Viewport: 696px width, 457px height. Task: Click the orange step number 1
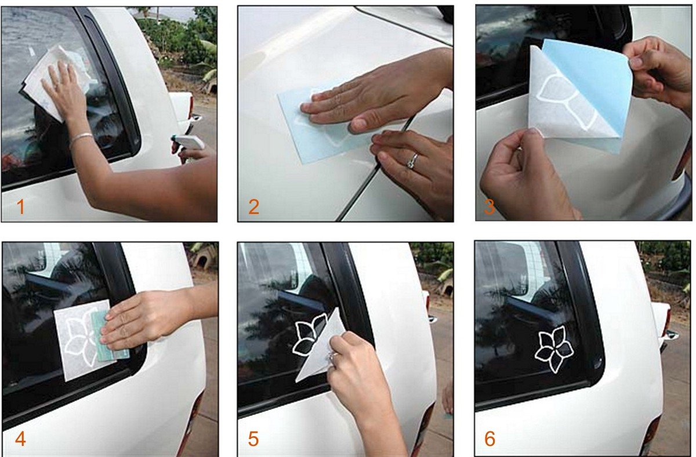point(21,206)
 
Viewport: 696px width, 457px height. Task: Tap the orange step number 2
point(254,206)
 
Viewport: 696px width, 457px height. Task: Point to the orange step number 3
point(490,206)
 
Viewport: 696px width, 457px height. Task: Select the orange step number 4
point(20,439)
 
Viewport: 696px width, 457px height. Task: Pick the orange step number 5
point(253,439)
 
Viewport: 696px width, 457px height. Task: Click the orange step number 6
point(490,439)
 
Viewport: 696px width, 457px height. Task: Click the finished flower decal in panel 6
point(554,349)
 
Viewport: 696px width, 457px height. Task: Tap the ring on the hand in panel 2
point(412,161)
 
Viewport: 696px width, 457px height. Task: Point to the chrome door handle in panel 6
point(670,335)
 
